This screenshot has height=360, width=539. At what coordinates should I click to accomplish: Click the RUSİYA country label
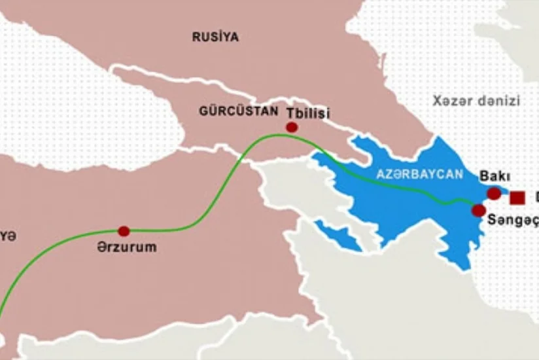click(215, 37)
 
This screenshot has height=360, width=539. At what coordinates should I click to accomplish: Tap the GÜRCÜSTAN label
click(238, 111)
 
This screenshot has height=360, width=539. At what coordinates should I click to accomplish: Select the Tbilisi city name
click(308, 113)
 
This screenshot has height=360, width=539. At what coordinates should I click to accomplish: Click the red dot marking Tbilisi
click(292, 127)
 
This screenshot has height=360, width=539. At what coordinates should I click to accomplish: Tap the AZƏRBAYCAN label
click(419, 175)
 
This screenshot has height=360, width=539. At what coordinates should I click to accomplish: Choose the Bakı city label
click(495, 176)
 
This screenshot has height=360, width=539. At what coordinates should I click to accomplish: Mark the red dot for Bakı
click(494, 194)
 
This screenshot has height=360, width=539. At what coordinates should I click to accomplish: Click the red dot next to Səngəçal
click(479, 210)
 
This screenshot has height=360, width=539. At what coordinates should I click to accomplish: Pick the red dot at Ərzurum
click(124, 230)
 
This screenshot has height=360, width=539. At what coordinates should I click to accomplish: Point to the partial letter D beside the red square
click(535, 197)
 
